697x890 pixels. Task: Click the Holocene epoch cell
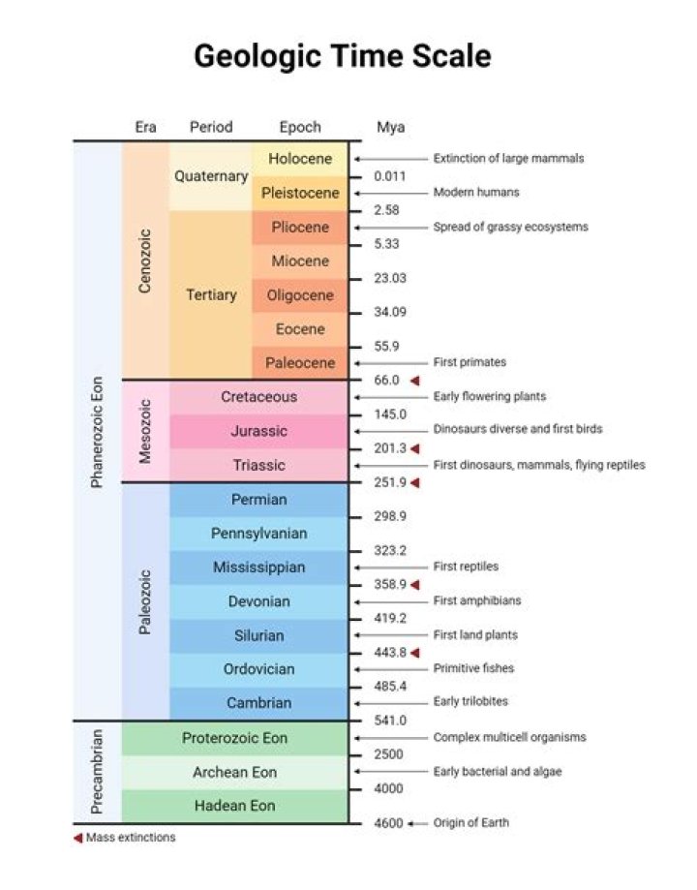300,159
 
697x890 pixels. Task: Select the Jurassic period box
258,431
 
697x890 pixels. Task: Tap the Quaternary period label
211,176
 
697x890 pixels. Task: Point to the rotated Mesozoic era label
145,431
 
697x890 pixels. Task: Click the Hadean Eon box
234,806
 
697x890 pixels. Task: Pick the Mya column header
390,127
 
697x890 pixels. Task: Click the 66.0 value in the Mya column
386,381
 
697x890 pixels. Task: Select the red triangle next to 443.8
415,654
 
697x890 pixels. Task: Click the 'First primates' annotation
470,362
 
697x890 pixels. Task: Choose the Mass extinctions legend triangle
77,838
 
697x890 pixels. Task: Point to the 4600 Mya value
388,823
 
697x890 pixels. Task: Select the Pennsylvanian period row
258,534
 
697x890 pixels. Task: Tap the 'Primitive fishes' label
473,668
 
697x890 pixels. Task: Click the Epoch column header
300,127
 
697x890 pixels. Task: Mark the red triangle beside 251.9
415,482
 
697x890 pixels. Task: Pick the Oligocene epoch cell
300,295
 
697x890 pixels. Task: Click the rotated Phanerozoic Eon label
96,431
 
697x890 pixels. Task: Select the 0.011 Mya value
391,176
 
